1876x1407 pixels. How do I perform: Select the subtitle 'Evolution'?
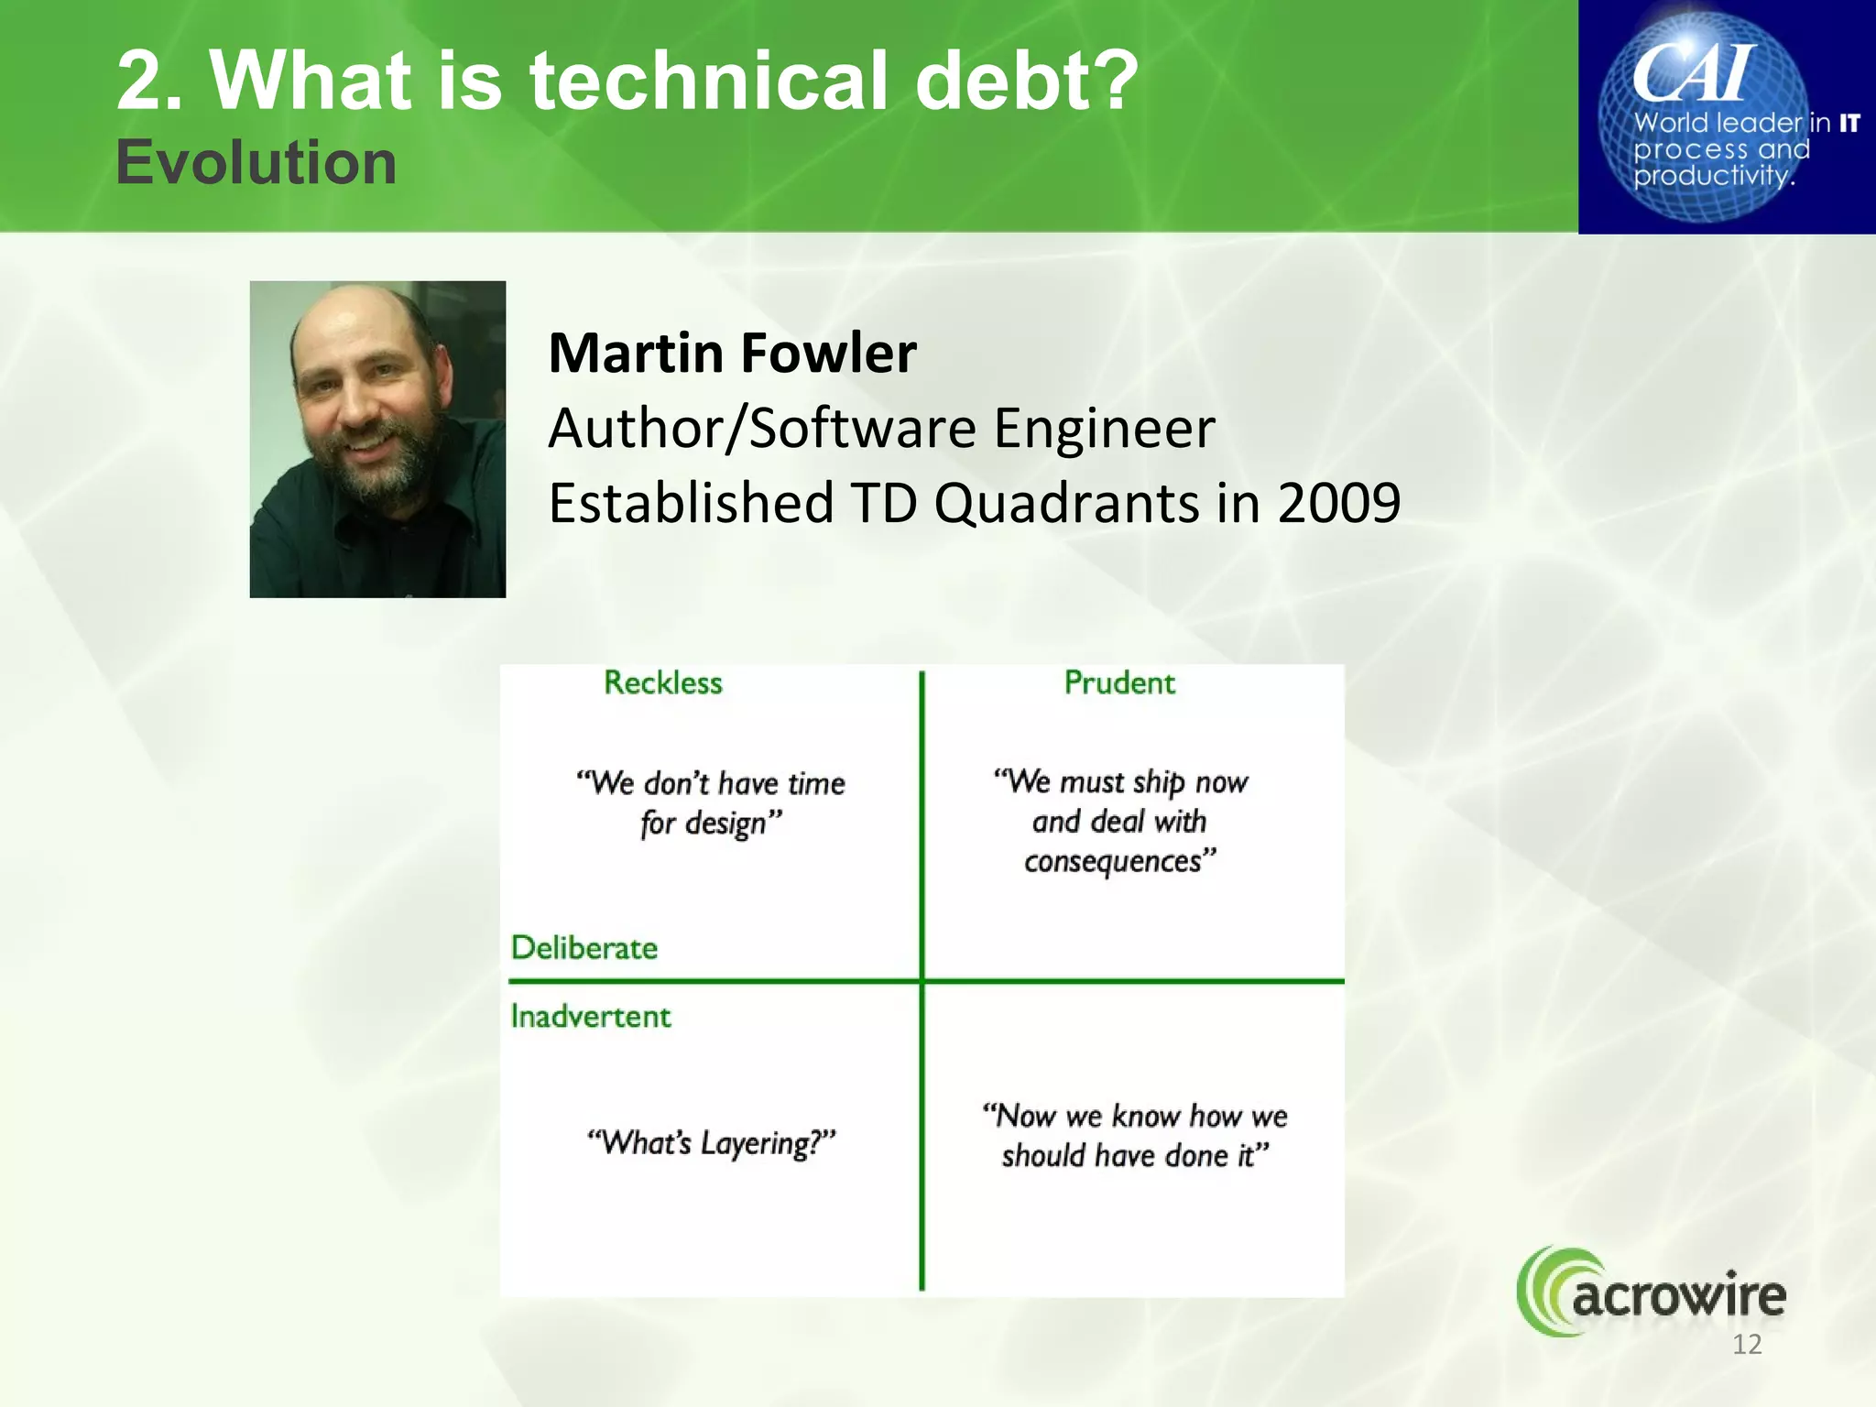(256, 163)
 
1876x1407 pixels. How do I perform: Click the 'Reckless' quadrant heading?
(662, 682)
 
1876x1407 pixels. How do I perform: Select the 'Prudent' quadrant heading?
(1118, 682)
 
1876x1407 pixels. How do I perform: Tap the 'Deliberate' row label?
(584, 947)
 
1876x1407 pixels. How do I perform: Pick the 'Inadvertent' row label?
(590, 1016)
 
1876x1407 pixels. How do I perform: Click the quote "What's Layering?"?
(711, 1142)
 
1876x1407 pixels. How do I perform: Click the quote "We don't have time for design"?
(711, 802)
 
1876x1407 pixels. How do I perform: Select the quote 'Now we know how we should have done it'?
(1135, 1135)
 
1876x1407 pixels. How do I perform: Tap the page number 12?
(1746, 1345)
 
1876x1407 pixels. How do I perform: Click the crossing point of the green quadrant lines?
(922, 981)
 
